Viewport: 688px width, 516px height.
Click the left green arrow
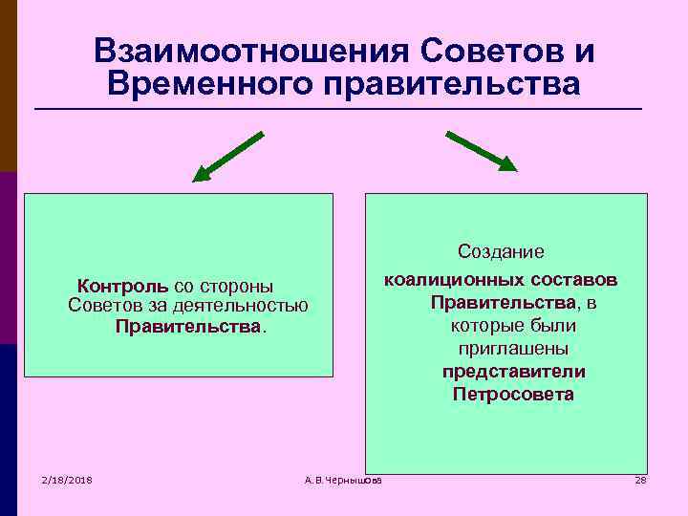point(227,156)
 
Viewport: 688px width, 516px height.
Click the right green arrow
point(481,151)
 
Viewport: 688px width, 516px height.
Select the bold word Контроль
point(123,286)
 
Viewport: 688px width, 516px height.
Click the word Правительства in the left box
point(188,327)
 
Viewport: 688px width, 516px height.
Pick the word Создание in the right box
point(501,251)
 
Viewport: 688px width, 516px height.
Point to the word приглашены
point(513,349)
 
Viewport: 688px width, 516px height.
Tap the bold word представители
point(513,371)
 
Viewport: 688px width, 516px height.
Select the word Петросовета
point(513,394)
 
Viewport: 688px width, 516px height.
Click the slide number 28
point(640,480)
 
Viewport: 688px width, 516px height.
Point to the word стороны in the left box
point(242,286)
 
